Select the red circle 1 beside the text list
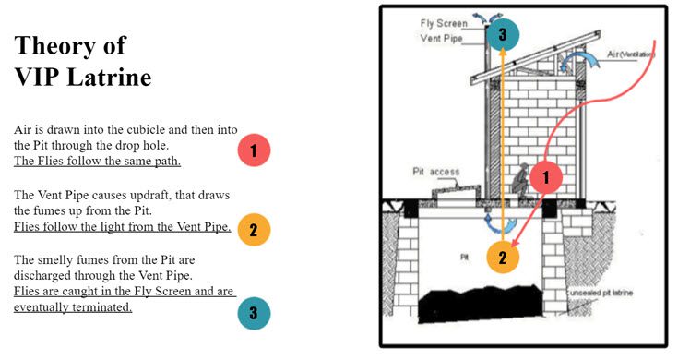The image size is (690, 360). pyautogui.click(x=254, y=150)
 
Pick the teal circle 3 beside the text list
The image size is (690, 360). pyautogui.click(x=254, y=312)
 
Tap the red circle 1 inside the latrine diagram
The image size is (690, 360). pyautogui.click(x=546, y=175)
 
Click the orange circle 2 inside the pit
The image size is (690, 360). pyautogui.click(x=503, y=257)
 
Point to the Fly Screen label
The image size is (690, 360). pyautogui.click(x=443, y=24)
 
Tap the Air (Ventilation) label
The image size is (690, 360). pyautogui.click(x=631, y=55)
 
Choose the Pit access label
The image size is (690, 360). pyautogui.click(x=434, y=172)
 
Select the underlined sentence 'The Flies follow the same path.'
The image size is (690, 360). pyautogui.click(x=97, y=161)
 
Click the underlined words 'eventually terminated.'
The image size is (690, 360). pyautogui.click(x=73, y=307)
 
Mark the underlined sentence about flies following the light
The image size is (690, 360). pyautogui.click(x=122, y=227)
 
